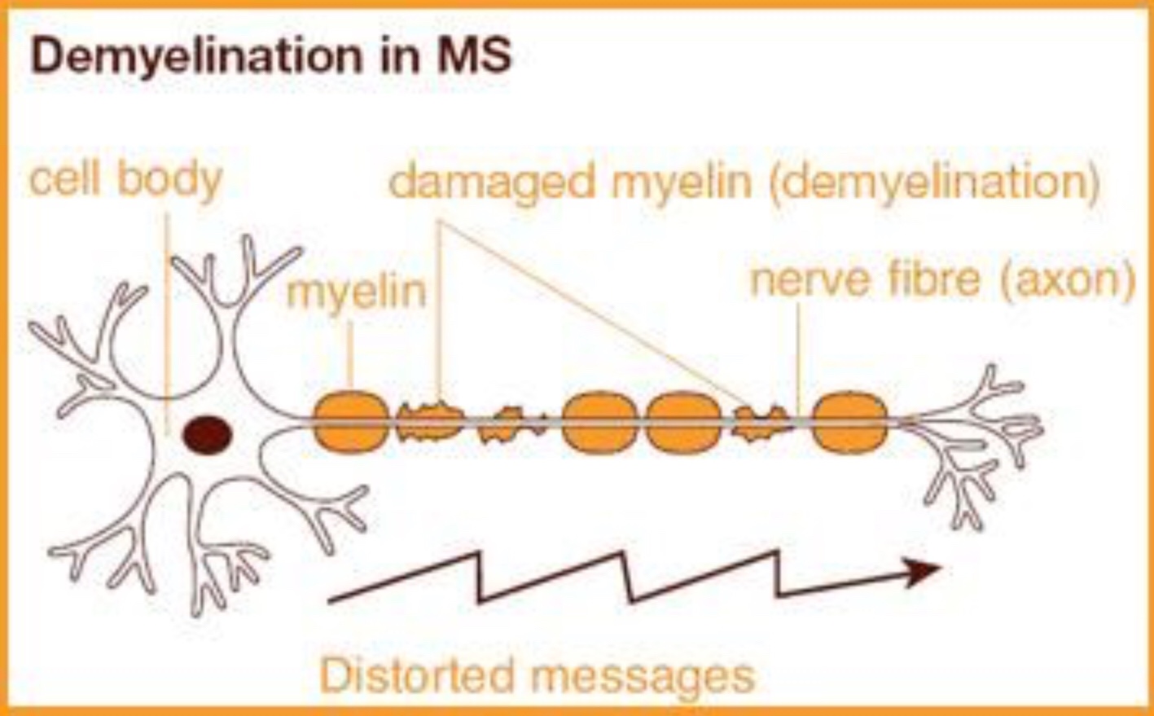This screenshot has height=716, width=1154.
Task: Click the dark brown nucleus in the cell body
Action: [207, 433]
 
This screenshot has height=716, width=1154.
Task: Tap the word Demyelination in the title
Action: [195, 55]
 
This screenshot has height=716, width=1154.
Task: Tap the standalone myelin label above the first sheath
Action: [356, 292]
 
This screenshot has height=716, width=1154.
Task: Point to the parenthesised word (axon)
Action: [1066, 279]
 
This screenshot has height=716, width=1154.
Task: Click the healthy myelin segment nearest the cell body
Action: [350, 422]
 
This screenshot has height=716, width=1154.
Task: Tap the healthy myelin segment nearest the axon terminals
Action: [849, 423]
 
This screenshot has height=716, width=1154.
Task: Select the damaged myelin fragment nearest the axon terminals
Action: [762, 423]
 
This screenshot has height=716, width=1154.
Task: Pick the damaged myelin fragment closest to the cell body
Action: [430, 422]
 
